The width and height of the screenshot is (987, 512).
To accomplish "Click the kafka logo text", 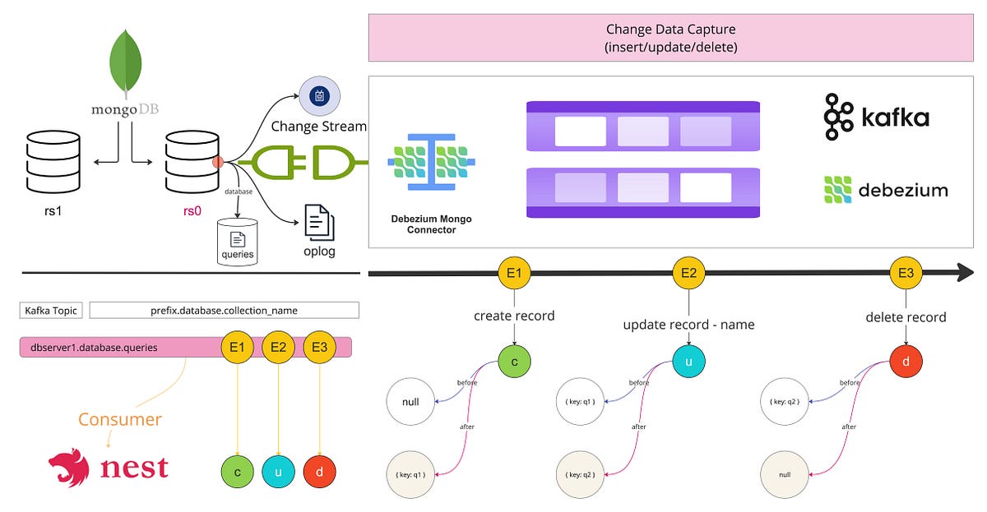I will pyautogui.click(x=895, y=118).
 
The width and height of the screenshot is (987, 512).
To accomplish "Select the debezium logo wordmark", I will pyautogui.click(x=903, y=191).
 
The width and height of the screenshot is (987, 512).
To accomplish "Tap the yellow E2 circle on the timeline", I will pyautogui.click(x=688, y=273).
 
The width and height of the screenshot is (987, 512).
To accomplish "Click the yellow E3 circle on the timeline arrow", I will pyautogui.click(x=907, y=273).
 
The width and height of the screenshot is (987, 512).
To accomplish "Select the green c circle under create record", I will pyautogui.click(x=515, y=361).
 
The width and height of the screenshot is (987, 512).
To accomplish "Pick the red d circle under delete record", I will pyautogui.click(x=906, y=361).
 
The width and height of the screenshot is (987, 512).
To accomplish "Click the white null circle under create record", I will pyautogui.click(x=410, y=403).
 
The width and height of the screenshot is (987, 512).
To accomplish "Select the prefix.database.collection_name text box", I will pyautogui.click(x=224, y=311).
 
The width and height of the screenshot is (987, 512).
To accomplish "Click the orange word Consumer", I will pyautogui.click(x=120, y=419).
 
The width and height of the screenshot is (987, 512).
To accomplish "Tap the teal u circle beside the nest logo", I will pyautogui.click(x=279, y=473).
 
